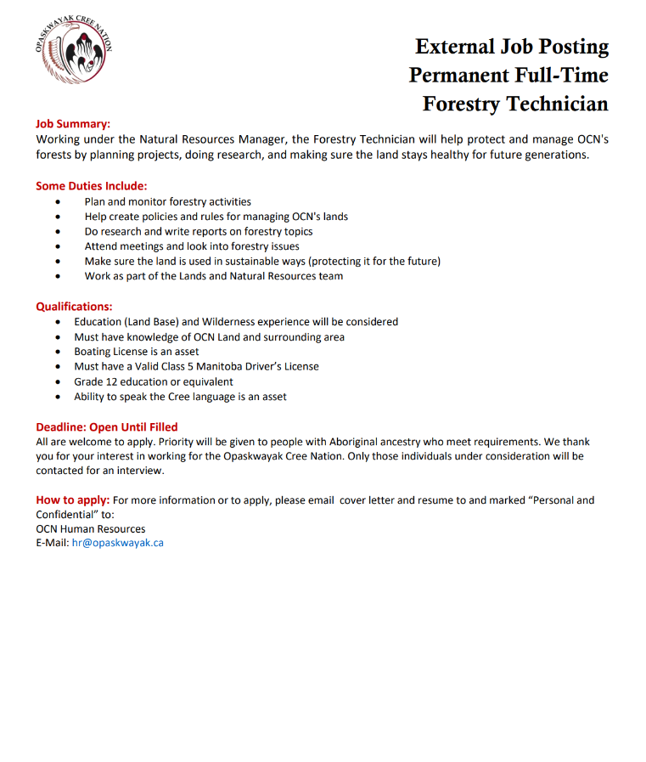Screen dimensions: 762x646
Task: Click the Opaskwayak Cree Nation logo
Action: coord(73,56)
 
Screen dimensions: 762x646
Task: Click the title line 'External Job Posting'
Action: coord(512,47)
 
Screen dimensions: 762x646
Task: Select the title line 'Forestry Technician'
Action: coord(515,104)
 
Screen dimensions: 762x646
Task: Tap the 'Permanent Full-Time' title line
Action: coord(508,76)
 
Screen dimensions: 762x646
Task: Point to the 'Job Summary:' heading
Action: coord(73,123)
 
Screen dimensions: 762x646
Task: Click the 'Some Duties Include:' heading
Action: coord(91,186)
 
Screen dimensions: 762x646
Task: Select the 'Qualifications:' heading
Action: coord(74,307)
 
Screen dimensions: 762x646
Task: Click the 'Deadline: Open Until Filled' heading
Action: coord(107,426)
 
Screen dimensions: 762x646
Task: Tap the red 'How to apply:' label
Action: coord(72,500)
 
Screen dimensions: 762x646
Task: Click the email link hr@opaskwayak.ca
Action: coord(117,543)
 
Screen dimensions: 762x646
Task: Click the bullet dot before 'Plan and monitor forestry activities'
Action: coord(57,202)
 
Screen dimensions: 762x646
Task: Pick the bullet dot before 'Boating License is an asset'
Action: coord(57,352)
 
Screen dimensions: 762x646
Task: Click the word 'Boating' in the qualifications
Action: coord(93,352)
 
